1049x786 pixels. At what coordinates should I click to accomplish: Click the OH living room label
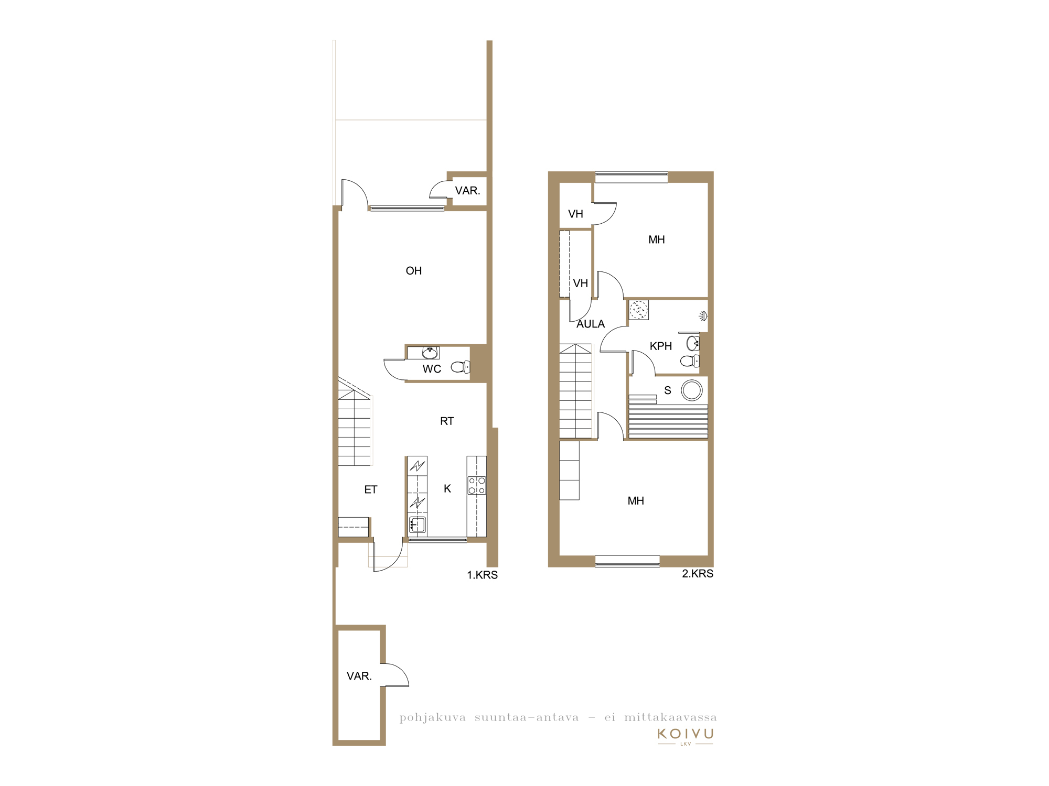click(414, 271)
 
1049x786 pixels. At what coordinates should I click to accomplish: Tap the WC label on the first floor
click(432, 369)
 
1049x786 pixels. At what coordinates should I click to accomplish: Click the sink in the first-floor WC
click(430, 352)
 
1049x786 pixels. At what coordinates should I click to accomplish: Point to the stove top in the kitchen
click(477, 486)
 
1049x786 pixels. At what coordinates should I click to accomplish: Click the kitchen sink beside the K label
click(418, 524)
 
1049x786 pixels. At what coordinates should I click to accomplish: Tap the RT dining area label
click(447, 421)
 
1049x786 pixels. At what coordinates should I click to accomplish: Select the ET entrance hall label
click(371, 489)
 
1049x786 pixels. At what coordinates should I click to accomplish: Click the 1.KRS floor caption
click(483, 575)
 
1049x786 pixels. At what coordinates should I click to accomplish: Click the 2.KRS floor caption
click(698, 574)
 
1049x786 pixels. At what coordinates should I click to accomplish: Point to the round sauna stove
click(692, 390)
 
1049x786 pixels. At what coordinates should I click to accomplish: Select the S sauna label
click(668, 390)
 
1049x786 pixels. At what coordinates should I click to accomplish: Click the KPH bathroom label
click(661, 346)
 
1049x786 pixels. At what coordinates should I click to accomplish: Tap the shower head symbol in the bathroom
click(703, 316)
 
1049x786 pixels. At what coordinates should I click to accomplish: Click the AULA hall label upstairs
click(591, 324)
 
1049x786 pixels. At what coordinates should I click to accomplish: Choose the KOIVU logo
click(686, 736)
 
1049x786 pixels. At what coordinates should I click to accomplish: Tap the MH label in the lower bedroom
click(636, 501)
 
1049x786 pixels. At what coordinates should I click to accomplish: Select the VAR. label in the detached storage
click(359, 676)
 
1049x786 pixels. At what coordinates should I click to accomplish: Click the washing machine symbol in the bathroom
click(639, 310)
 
